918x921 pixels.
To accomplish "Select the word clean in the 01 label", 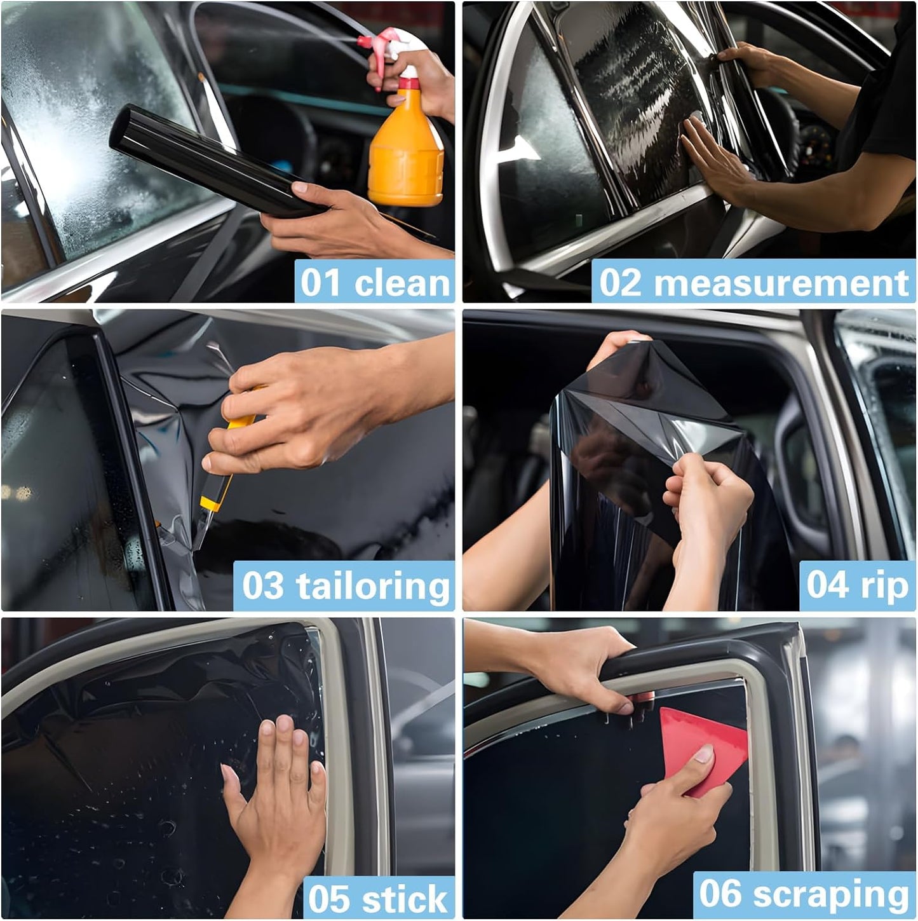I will tap(402, 283).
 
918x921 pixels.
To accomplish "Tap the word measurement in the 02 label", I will tap(781, 283).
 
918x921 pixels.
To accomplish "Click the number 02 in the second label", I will tap(620, 283).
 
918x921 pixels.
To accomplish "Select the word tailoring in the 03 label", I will tap(372, 586).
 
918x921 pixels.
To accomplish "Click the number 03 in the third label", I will tap(262, 586).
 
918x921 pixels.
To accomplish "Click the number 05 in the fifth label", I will tap(329, 899).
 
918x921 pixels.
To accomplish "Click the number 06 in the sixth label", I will tap(720, 894).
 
